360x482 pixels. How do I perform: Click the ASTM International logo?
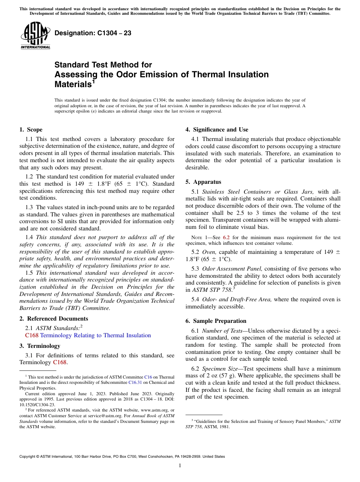point(35,36)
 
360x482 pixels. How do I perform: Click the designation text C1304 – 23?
point(93,33)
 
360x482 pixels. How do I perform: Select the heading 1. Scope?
point(31,130)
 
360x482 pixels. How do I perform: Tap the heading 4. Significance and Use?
point(217,130)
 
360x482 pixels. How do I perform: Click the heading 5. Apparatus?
point(203,182)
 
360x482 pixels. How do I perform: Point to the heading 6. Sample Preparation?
point(216,321)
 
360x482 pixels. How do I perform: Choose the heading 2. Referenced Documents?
point(53,319)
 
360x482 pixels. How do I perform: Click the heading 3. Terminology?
point(40,346)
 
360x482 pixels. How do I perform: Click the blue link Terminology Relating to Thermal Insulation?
point(95,335)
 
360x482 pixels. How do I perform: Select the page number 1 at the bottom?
point(180,465)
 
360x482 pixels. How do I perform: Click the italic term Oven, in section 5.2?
point(209,252)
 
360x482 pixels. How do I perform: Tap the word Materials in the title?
point(72,84)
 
